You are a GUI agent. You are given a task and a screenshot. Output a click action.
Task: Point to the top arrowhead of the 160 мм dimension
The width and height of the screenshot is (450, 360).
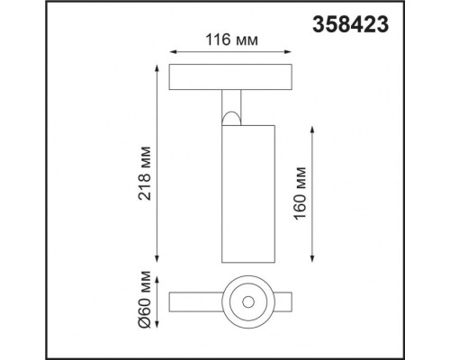311,129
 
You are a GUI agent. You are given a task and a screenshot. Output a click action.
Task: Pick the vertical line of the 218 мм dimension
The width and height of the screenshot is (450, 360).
161,162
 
